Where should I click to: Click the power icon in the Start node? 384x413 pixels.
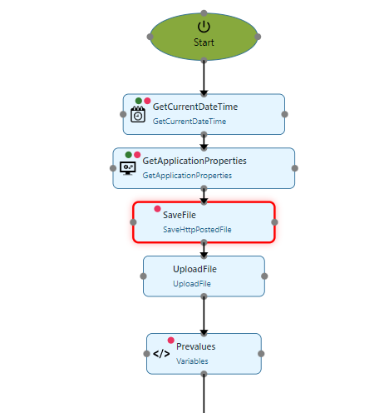click(204, 27)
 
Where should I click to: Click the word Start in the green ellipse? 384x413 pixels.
click(204, 42)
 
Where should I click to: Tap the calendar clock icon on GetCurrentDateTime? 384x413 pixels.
click(138, 114)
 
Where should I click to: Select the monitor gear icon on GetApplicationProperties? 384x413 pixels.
click(128, 168)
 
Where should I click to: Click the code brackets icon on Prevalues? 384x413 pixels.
click(161, 354)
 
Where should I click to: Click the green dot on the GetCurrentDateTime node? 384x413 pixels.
click(139, 101)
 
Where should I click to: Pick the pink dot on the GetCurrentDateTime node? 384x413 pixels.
click(147, 101)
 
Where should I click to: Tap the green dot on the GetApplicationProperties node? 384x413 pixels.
click(129, 155)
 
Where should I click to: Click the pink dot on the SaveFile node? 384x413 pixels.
click(157, 209)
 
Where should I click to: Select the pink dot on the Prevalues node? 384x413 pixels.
click(171, 341)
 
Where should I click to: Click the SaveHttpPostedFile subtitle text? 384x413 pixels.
click(197, 230)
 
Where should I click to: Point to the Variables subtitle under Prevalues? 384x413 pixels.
click(192, 361)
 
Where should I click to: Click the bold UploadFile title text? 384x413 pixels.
click(194, 269)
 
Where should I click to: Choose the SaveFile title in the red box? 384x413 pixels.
click(180, 215)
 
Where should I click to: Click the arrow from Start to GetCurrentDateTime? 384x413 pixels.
click(204, 77)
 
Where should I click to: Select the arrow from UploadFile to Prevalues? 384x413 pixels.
click(204, 316)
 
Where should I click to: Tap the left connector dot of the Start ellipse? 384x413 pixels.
click(150, 37)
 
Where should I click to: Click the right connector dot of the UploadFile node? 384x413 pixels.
click(264, 276)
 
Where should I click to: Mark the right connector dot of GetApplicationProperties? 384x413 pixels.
click(295, 168)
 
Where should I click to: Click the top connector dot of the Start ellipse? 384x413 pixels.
click(204, 13)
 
